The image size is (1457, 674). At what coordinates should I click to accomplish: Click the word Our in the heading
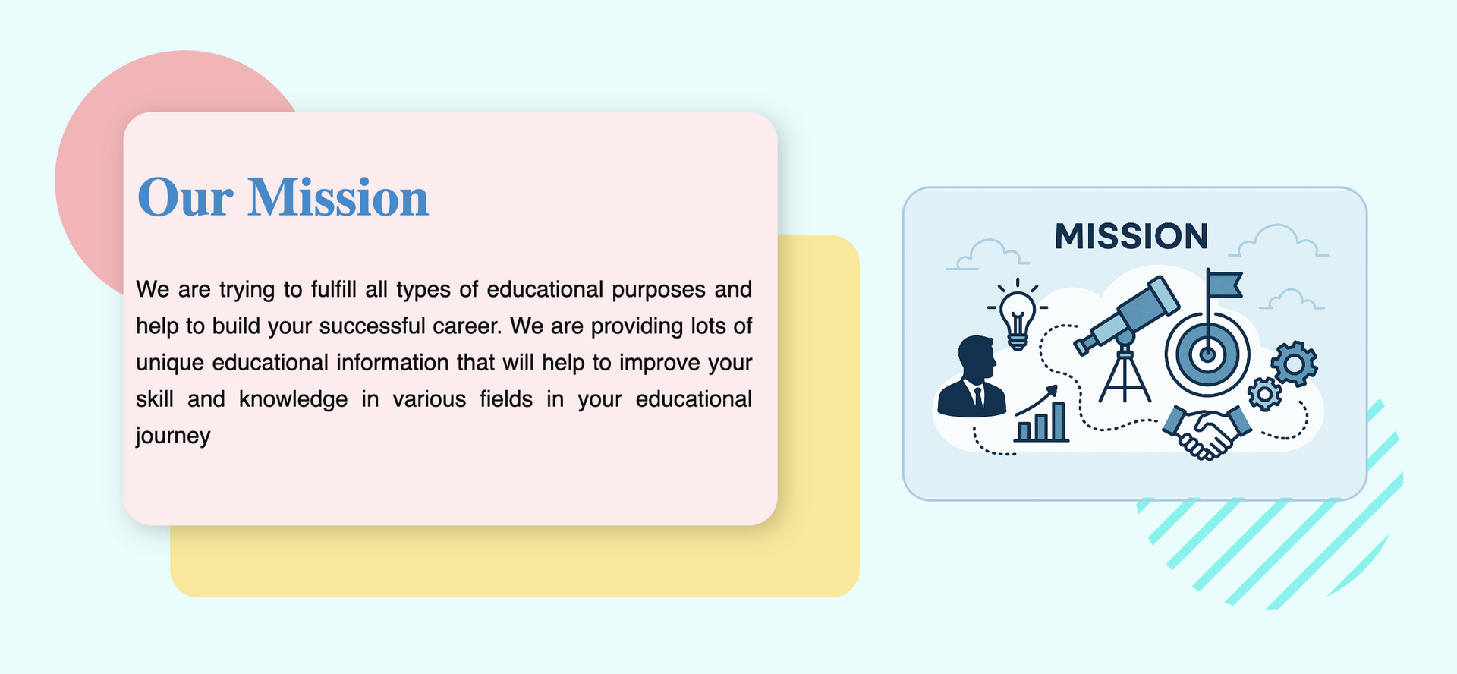185,198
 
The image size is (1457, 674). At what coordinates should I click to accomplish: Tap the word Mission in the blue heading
338,197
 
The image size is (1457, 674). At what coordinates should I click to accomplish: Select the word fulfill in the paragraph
334,289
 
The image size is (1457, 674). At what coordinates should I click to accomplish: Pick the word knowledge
293,400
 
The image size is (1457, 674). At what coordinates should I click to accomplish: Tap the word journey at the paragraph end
173,436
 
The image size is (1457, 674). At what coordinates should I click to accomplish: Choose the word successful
372,326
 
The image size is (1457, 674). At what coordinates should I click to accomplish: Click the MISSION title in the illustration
1131,237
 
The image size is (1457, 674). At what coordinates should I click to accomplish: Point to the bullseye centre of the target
1207,354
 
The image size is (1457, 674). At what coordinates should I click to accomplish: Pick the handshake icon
1207,431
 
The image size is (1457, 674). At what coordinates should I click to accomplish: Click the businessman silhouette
972,376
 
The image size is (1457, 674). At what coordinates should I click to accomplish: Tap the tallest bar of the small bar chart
1058,421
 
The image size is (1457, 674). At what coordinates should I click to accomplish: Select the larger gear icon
1295,364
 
